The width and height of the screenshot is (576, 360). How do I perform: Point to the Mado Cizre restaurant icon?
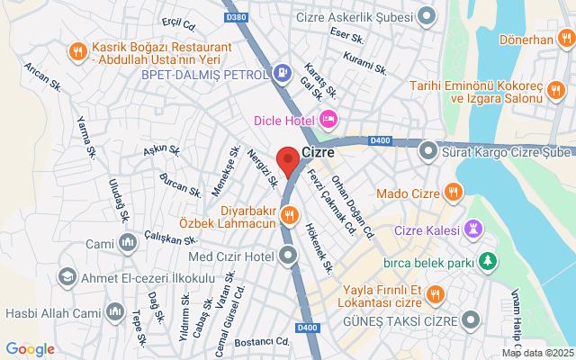453,193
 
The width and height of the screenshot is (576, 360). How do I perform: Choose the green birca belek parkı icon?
488,261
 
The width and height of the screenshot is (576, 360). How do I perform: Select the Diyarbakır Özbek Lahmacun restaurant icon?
289,214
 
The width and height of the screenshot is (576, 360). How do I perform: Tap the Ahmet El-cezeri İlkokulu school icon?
67,275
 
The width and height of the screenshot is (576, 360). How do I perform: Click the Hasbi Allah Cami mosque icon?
115,312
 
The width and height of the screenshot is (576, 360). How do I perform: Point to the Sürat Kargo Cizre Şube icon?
429,152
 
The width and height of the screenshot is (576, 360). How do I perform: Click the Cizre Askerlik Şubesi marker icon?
427,14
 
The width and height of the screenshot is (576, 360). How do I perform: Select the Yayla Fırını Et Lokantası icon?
436,293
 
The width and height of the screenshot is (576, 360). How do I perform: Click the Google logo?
30,348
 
